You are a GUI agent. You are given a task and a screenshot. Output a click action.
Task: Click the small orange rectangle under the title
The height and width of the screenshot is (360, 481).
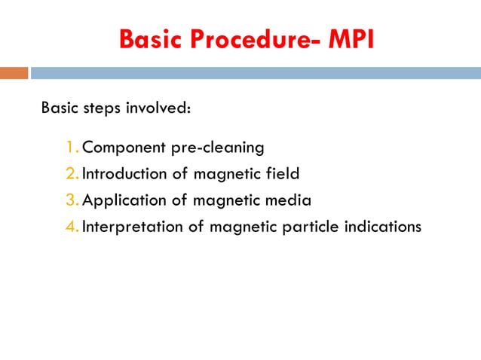[14, 73]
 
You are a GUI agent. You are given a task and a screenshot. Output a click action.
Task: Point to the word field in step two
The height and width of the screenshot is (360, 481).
[282, 173]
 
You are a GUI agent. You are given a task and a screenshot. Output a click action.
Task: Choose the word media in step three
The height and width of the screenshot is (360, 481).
[291, 200]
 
